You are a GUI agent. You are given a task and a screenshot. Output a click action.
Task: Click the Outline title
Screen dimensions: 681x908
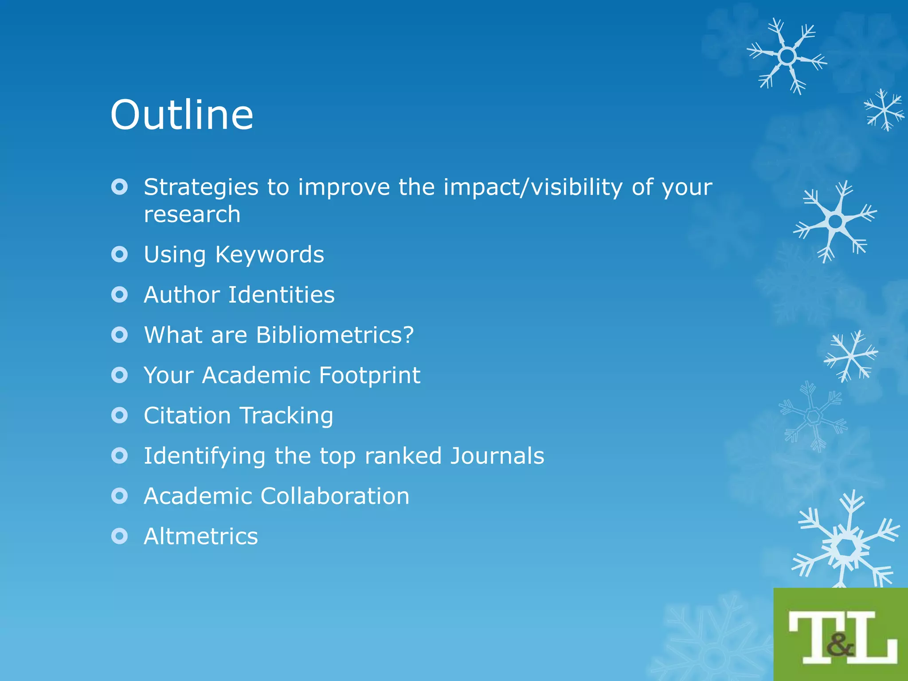point(182,115)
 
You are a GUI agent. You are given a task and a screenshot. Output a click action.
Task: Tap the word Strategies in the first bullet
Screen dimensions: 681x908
point(201,188)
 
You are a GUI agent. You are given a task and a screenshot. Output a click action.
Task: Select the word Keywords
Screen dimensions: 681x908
point(270,254)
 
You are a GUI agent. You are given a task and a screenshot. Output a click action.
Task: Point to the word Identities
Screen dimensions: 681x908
point(281,295)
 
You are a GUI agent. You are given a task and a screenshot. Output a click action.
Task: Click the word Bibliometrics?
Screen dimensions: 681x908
point(335,335)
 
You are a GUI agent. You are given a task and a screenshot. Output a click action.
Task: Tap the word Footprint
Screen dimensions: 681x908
point(369,376)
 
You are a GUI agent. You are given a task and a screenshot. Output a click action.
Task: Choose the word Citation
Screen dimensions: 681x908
point(187,416)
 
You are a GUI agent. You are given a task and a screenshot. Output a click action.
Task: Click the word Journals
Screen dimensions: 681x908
point(497,456)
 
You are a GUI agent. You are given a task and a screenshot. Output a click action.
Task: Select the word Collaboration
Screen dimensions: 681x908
point(335,496)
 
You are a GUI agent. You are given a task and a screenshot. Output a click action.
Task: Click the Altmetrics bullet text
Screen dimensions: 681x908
point(201,536)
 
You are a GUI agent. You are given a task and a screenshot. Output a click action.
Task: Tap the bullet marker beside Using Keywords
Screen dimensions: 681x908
point(119,254)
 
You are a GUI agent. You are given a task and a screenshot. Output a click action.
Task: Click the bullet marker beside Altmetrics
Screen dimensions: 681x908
point(119,536)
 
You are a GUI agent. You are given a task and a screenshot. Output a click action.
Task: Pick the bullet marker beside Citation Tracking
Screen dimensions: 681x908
point(119,415)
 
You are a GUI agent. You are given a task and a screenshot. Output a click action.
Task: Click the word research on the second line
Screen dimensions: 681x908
point(192,215)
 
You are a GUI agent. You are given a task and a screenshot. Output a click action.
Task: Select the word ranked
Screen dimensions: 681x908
point(403,456)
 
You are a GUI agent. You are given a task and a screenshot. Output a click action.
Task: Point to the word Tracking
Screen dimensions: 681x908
point(286,416)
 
